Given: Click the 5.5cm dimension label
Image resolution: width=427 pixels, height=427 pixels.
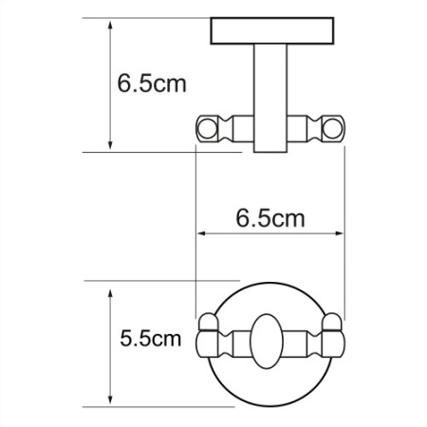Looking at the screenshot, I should pyautogui.click(x=150, y=337).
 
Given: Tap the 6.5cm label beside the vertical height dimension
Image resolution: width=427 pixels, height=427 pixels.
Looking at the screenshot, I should pyautogui.click(x=152, y=84).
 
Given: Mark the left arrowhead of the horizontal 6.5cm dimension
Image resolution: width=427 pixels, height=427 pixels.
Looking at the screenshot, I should pyautogui.click(x=200, y=232).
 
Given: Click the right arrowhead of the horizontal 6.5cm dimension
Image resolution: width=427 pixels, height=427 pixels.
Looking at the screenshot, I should pyautogui.click(x=338, y=232).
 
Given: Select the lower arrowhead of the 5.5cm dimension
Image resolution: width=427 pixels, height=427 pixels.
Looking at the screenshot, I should pyautogui.click(x=112, y=401).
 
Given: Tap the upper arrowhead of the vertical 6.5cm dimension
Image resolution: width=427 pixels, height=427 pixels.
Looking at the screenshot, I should pyautogui.click(x=112, y=21).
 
